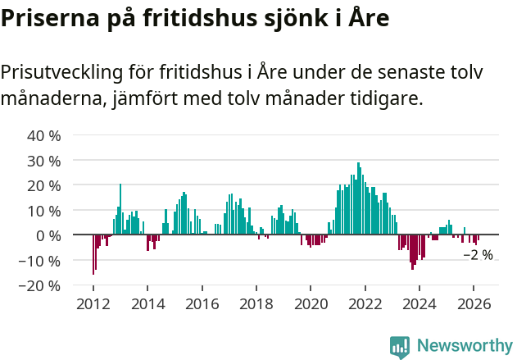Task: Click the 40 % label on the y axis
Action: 44,135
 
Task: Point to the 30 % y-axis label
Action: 44,161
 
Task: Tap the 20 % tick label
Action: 44,185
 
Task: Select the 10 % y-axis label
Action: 44,211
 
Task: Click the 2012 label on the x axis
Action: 93,303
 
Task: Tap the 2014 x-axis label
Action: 147,303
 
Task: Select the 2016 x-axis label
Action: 202,303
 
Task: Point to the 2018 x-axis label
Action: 256,303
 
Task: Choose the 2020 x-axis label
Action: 311,303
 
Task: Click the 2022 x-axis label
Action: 365,303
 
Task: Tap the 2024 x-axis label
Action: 419,303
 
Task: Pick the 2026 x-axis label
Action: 474,303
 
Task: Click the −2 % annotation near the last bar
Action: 478,255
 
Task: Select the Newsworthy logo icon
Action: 400,346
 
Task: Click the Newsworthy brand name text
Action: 465,346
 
